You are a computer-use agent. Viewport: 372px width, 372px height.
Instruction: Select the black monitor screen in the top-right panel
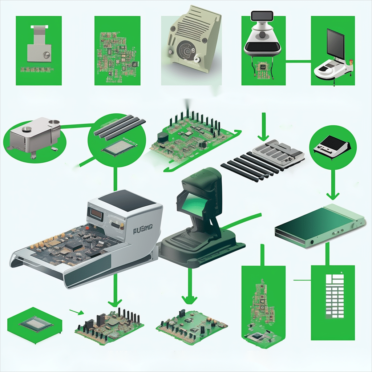335,43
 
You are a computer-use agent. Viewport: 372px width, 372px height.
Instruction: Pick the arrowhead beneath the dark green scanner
189,299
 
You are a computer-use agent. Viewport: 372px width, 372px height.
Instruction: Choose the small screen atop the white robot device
262,16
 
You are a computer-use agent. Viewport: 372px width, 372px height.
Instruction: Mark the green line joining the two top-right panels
299,61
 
